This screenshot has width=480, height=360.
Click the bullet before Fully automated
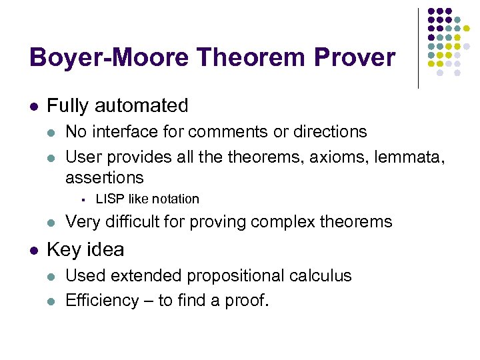coord(34,106)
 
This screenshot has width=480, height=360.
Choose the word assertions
coord(104,177)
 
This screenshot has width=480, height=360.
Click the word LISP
coord(109,199)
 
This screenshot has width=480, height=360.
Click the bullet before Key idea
coord(34,250)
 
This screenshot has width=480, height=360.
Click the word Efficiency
coord(103,300)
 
